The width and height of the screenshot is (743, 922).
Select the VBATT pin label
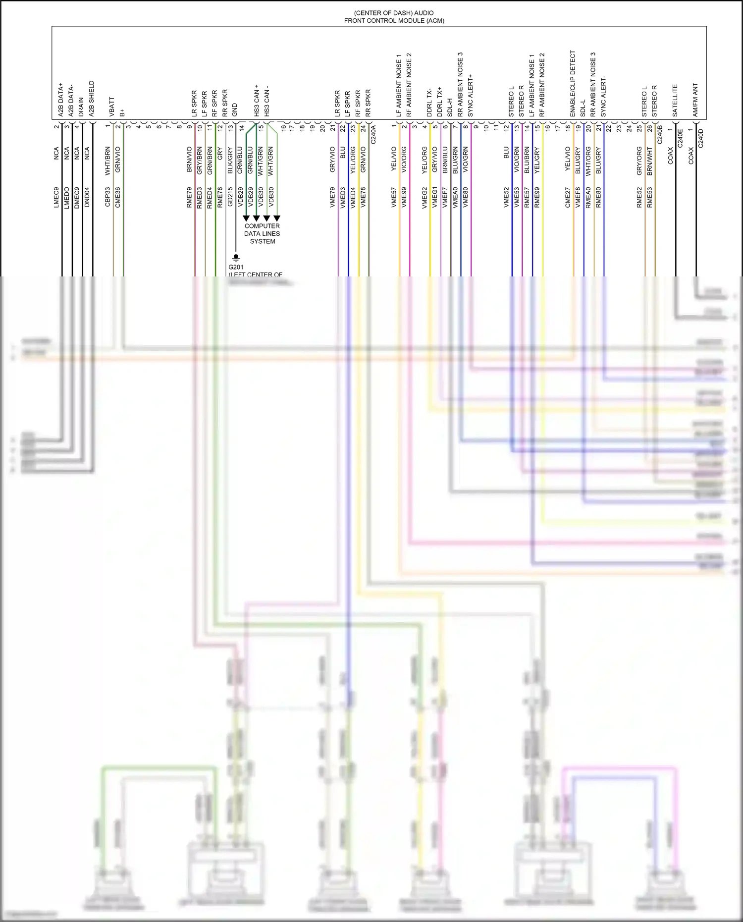[x=112, y=107]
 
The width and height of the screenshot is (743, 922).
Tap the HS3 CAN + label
[x=257, y=100]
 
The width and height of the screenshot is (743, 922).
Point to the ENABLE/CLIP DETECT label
[x=573, y=84]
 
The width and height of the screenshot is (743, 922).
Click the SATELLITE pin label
[x=675, y=101]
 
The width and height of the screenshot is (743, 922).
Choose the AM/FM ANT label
[x=695, y=100]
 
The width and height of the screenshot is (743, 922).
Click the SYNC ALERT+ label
[x=470, y=96]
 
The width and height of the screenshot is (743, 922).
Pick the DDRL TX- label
[x=429, y=103]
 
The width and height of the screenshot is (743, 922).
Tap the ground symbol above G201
[x=236, y=258]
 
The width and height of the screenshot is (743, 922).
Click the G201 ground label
[x=236, y=267]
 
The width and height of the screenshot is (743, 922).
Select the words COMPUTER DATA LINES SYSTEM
[x=262, y=233]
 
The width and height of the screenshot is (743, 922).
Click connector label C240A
[x=373, y=134]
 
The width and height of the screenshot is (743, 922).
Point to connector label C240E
[x=680, y=138]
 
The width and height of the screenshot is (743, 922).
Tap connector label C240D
[x=700, y=138]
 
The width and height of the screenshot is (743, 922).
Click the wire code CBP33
[x=107, y=197]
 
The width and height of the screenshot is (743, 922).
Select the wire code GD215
[x=230, y=197]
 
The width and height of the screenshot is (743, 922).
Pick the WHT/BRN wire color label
[x=107, y=161]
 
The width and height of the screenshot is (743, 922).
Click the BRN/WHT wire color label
[x=649, y=161]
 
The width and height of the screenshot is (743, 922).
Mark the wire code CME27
[x=568, y=197]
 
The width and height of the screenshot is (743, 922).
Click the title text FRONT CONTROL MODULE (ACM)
[x=394, y=21]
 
